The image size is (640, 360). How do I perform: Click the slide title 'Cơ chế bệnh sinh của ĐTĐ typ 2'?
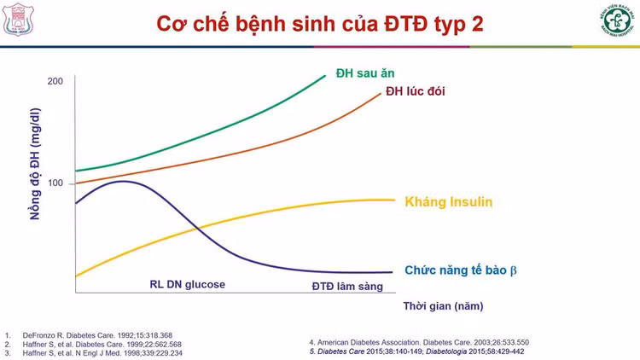coord(320,23)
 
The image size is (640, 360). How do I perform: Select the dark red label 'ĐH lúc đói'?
coord(415,91)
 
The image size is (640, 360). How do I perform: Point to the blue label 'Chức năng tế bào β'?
coord(461,270)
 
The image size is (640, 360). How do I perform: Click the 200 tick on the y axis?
coord(55,81)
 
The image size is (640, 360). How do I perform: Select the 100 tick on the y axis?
coord(55,183)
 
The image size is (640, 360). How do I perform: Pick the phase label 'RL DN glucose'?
coord(182,284)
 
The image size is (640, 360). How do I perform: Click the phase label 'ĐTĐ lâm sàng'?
coord(347,286)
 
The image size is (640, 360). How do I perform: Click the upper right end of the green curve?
coord(325,76)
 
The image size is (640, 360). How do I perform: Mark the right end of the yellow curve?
coord(394,200)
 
